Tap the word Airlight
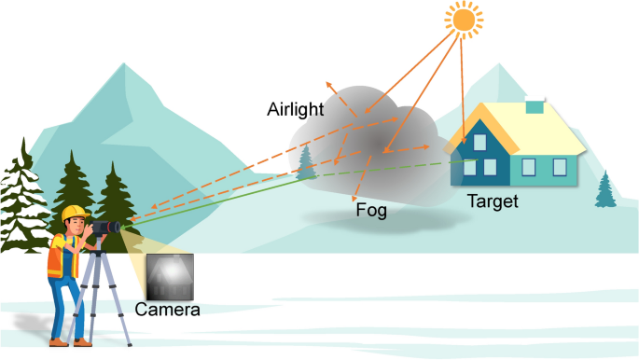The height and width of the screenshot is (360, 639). [x=296, y=110]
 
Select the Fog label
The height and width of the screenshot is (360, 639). [x=371, y=211]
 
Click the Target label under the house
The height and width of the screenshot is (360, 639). [x=492, y=200]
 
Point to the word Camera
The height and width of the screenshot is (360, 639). [x=168, y=309]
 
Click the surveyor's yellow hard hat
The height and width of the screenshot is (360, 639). [x=74, y=214]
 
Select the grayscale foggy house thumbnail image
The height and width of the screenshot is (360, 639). [x=169, y=275]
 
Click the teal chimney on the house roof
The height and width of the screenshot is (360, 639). [x=533, y=107]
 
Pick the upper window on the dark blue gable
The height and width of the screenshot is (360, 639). [x=481, y=142]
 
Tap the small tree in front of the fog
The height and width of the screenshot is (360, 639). [x=305, y=164]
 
